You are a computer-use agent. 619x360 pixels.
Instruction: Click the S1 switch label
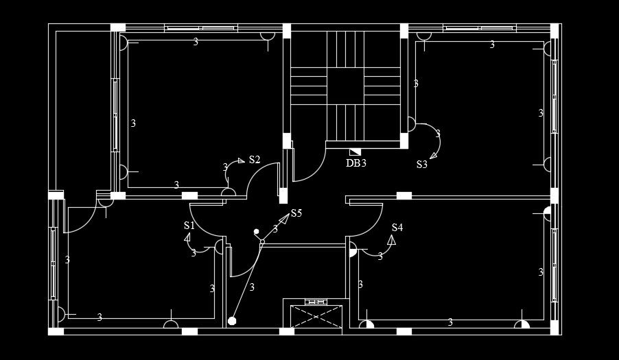189,226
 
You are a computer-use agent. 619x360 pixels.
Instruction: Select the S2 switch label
255,160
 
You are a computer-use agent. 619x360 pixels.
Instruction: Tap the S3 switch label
422,165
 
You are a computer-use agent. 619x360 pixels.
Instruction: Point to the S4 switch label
397,228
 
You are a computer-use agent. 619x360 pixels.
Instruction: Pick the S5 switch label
296,213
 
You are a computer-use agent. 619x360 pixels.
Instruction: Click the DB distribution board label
353,163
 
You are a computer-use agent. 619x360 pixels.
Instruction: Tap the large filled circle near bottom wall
232,320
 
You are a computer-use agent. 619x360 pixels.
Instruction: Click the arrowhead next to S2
241,161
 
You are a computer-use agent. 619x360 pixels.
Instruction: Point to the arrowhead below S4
392,239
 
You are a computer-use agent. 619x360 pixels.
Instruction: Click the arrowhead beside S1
187,237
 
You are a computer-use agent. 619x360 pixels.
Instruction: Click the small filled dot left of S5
256,232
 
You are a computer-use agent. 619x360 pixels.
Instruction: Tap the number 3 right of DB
364,163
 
